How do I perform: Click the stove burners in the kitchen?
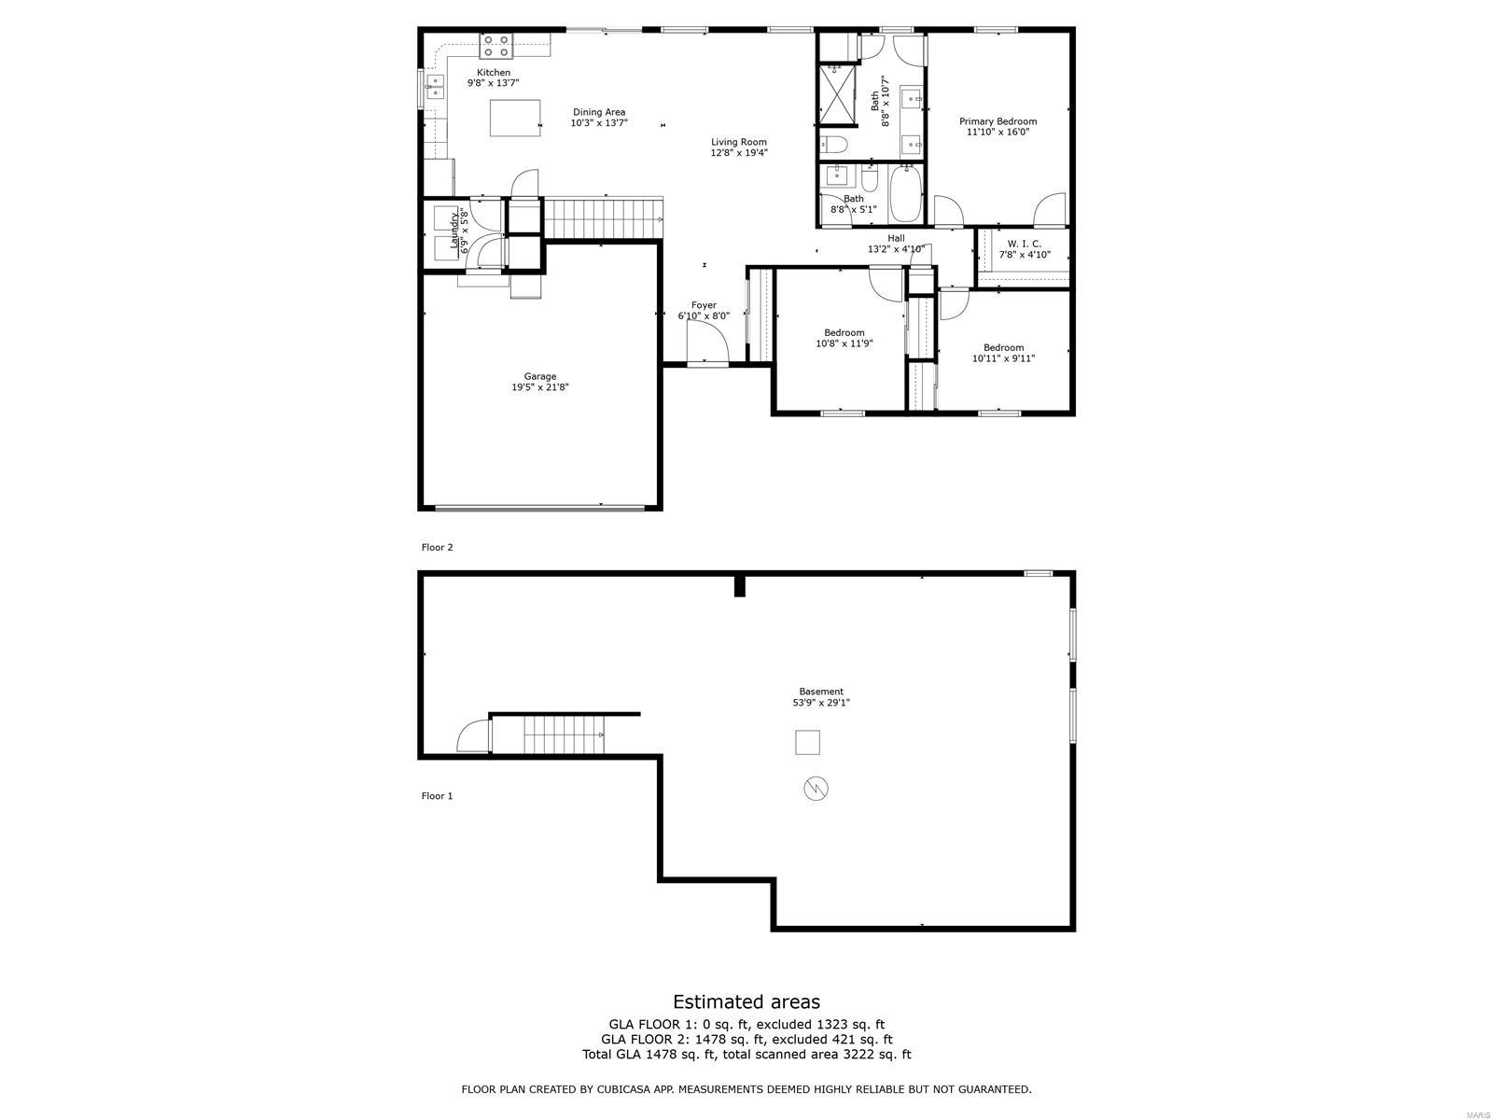495,40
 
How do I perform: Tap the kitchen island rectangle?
516,119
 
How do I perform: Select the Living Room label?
739,143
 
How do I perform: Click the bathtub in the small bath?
904,193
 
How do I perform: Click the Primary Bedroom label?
998,121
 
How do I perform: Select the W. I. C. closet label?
1024,244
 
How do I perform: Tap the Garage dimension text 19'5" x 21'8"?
539,387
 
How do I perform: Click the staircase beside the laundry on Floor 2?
603,218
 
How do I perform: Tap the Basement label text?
821,692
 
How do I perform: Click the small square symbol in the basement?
807,743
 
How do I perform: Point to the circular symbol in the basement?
816,789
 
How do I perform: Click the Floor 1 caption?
437,796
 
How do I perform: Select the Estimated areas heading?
746,1001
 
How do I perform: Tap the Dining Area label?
599,112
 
